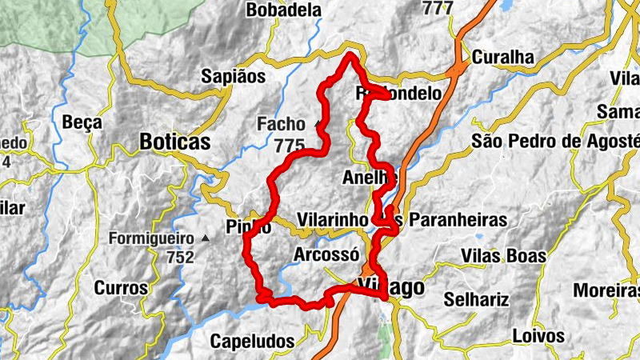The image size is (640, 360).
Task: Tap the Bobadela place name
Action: tap(284, 10)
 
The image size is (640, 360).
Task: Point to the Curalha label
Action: tap(502, 58)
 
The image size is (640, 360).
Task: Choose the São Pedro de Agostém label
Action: tap(555, 142)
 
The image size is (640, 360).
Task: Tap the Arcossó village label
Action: tap(323, 254)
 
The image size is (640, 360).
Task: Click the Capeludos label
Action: tap(253, 341)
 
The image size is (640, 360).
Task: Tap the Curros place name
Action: tap(122, 288)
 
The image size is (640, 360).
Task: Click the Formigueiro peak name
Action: tap(152, 238)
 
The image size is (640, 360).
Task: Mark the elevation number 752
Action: tap(181, 257)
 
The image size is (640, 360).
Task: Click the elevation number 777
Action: tap(437, 8)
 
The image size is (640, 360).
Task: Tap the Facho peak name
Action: tap(281, 124)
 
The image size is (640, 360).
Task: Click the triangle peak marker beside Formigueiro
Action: tap(206, 238)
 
